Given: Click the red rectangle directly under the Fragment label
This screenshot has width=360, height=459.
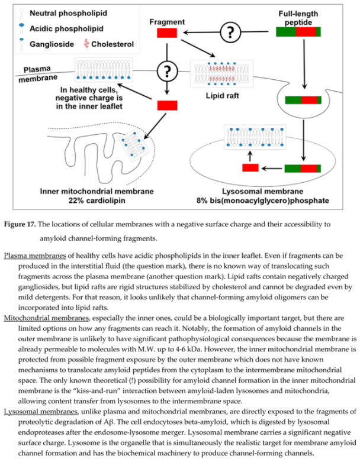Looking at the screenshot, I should (166, 33).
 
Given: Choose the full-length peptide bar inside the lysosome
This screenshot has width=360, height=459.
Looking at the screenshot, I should (303, 169).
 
